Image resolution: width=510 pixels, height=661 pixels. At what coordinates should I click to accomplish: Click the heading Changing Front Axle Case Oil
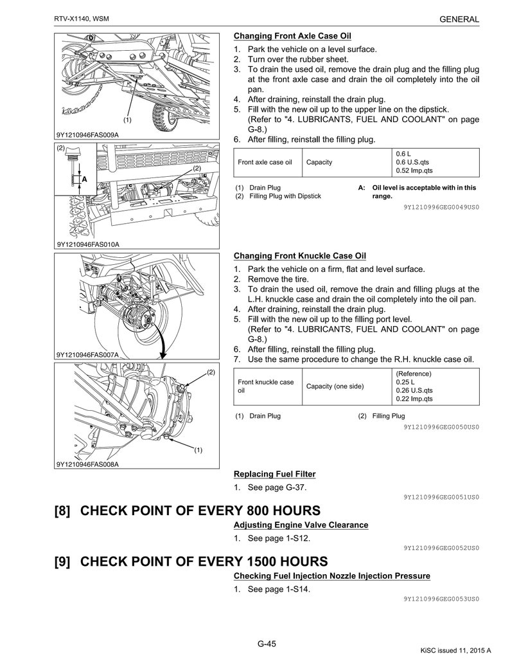point(292,36)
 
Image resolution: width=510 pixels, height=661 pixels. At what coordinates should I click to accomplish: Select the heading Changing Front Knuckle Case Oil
point(300,256)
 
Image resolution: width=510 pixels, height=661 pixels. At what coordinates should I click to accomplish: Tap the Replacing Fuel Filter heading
point(274,475)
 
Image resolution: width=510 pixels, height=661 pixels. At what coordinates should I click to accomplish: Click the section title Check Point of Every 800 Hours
point(188,511)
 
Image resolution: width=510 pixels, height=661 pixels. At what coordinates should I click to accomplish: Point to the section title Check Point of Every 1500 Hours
point(191,561)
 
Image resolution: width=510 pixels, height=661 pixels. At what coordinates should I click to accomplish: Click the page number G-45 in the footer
point(267,644)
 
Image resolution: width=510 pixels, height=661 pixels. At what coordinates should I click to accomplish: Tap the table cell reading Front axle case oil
point(265,162)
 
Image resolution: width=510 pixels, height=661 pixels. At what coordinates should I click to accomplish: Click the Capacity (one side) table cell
point(335,386)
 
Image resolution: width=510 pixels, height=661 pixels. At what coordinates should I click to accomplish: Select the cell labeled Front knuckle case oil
point(265,386)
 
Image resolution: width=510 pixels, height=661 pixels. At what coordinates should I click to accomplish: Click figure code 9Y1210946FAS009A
point(87,135)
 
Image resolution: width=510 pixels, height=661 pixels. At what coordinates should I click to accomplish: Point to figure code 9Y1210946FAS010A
point(87,244)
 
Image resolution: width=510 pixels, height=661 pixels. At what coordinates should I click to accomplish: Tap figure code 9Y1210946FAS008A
point(87,464)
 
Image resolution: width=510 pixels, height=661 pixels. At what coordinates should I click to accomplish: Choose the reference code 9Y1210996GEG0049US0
point(441,208)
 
